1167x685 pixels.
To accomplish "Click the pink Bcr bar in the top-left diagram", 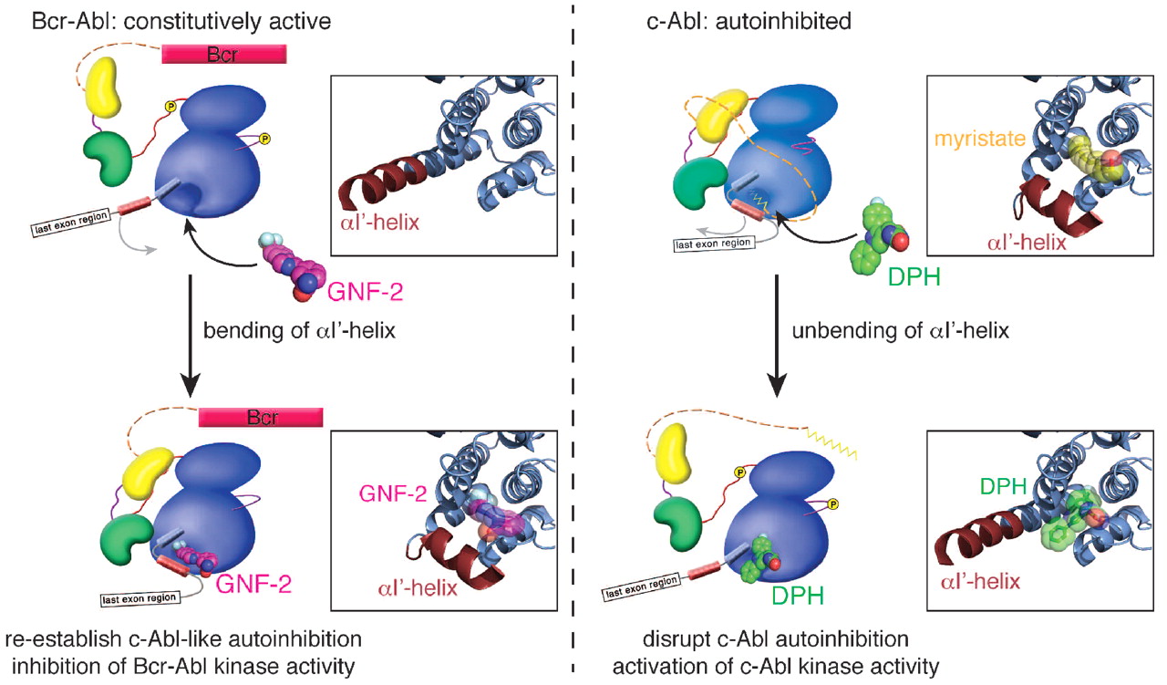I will pos(224,54).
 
